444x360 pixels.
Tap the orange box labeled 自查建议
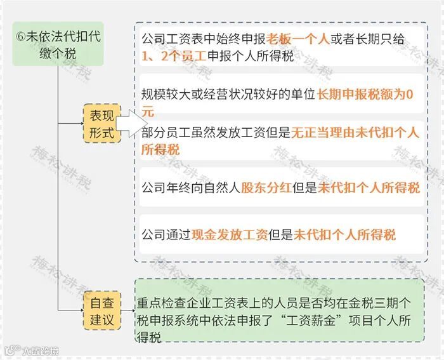coord(101,310)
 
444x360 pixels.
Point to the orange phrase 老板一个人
coord(298,39)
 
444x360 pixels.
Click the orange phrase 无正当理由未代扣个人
coord(355,133)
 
